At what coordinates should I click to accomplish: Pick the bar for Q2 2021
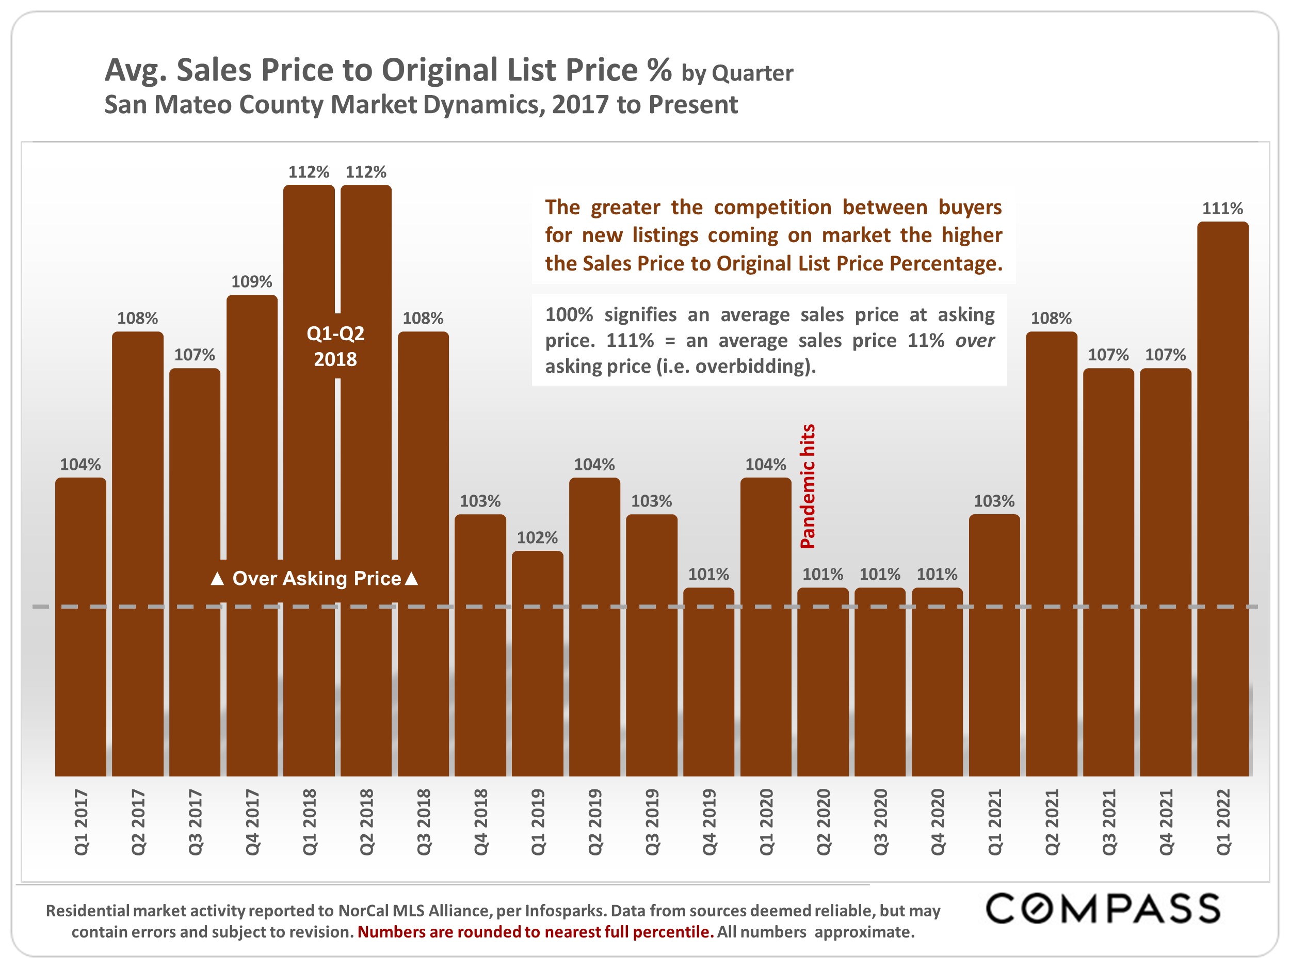point(1051,554)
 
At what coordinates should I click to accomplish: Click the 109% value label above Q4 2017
point(251,282)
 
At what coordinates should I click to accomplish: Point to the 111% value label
point(1222,208)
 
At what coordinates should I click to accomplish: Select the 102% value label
point(537,537)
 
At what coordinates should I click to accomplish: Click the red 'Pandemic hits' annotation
point(808,486)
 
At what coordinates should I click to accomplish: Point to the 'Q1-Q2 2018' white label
point(335,346)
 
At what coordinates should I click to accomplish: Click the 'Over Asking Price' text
point(317,578)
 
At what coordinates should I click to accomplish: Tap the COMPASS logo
point(1102,909)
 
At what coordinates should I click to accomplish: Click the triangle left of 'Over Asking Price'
point(217,579)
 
